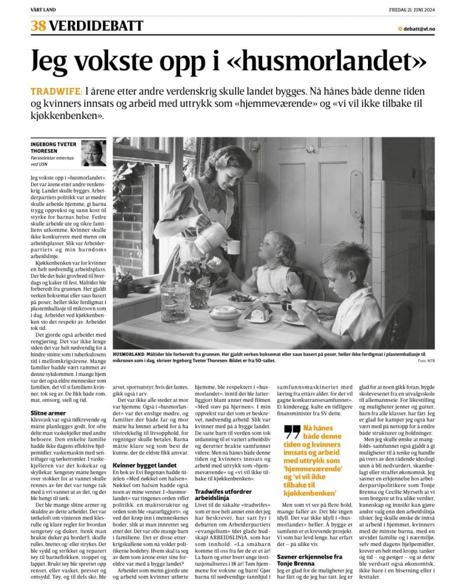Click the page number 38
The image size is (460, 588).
39,26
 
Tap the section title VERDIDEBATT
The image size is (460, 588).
96,26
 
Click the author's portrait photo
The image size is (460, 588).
93,153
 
